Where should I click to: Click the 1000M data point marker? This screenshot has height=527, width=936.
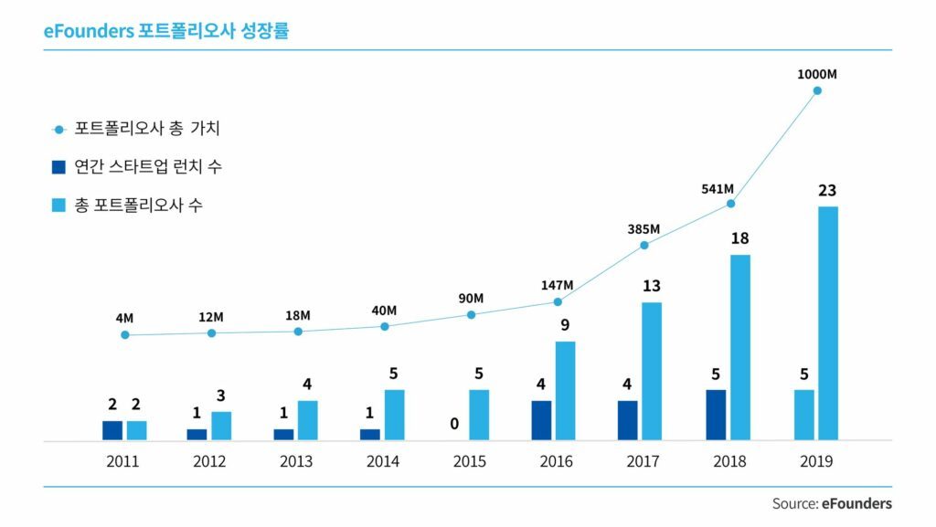tap(817, 90)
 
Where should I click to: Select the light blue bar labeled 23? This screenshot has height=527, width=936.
tap(828, 323)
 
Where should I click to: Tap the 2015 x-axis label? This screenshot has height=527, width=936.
tap(469, 462)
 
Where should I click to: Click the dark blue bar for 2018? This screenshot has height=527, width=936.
tap(717, 415)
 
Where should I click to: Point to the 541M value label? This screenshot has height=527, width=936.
tap(717, 189)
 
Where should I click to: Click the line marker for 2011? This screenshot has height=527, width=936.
tap(124, 335)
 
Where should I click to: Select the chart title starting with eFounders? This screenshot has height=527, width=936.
tap(166, 30)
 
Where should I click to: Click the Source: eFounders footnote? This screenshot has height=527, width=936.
tap(832, 503)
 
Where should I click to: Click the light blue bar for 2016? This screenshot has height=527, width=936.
tap(565, 391)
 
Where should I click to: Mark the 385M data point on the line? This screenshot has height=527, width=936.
tap(644, 245)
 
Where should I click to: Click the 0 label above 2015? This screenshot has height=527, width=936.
tap(454, 425)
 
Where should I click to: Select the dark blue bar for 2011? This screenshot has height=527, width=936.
tap(112, 430)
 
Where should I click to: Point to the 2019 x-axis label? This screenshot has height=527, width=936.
tap(815, 462)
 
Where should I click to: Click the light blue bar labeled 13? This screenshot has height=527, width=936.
tap(651, 371)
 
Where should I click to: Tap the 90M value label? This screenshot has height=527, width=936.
tap(471, 299)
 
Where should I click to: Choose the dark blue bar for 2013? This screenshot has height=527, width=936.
tap(284, 435)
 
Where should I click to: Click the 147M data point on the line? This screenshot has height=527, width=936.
tap(557, 301)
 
